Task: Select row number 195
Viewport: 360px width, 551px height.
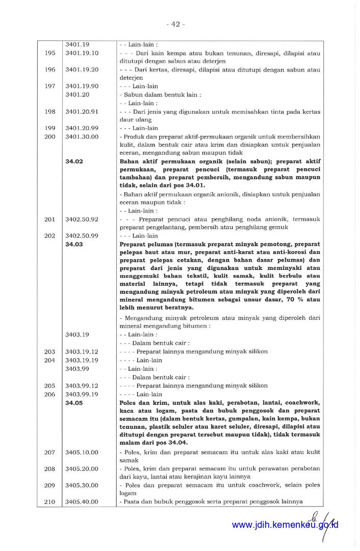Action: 50,53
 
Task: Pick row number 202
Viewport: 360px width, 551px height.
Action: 50,236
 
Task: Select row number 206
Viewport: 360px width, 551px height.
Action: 50,394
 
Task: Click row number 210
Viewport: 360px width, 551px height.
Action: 50,502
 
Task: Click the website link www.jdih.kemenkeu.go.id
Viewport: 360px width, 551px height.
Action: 285,525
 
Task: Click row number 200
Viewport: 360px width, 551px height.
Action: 50,137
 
